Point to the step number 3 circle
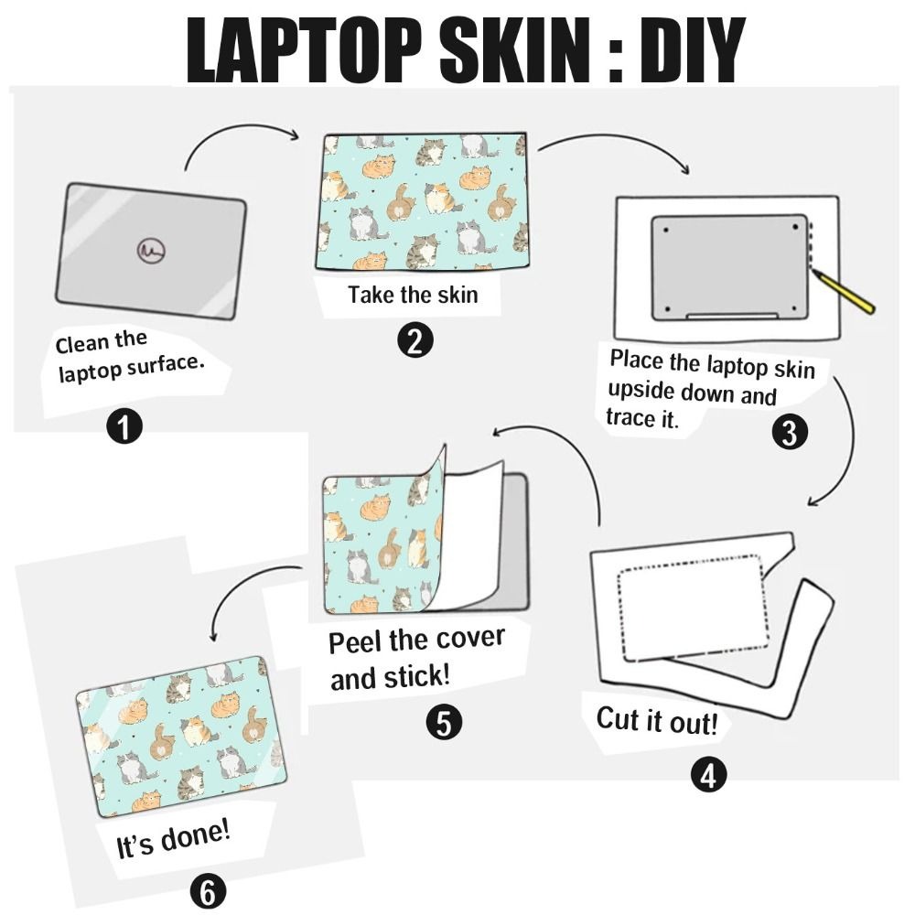click(789, 431)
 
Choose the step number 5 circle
click(444, 723)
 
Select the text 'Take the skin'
click(412, 296)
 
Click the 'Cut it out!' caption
click(657, 720)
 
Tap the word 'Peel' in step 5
click(357, 641)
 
